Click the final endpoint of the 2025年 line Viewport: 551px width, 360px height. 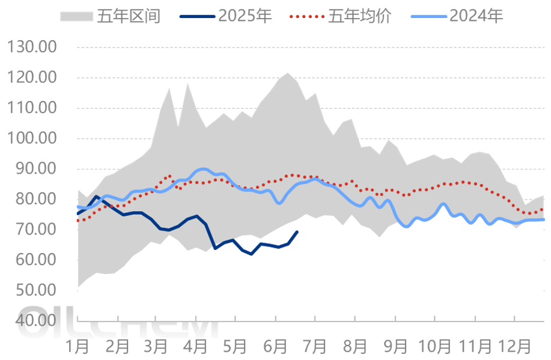(297, 231)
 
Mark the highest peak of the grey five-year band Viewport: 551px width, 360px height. (287, 73)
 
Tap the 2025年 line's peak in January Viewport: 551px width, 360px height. (97, 197)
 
